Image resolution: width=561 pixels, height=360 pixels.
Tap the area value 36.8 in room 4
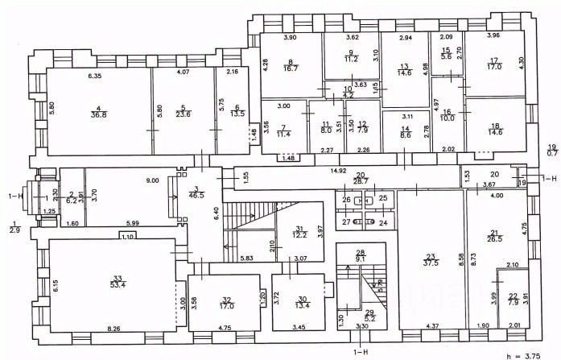[x=99, y=115]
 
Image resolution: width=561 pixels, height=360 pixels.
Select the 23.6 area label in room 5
[x=184, y=114]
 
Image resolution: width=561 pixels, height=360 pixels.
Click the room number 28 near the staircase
[x=361, y=252]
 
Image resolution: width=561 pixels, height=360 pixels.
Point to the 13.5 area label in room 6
[x=237, y=114]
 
